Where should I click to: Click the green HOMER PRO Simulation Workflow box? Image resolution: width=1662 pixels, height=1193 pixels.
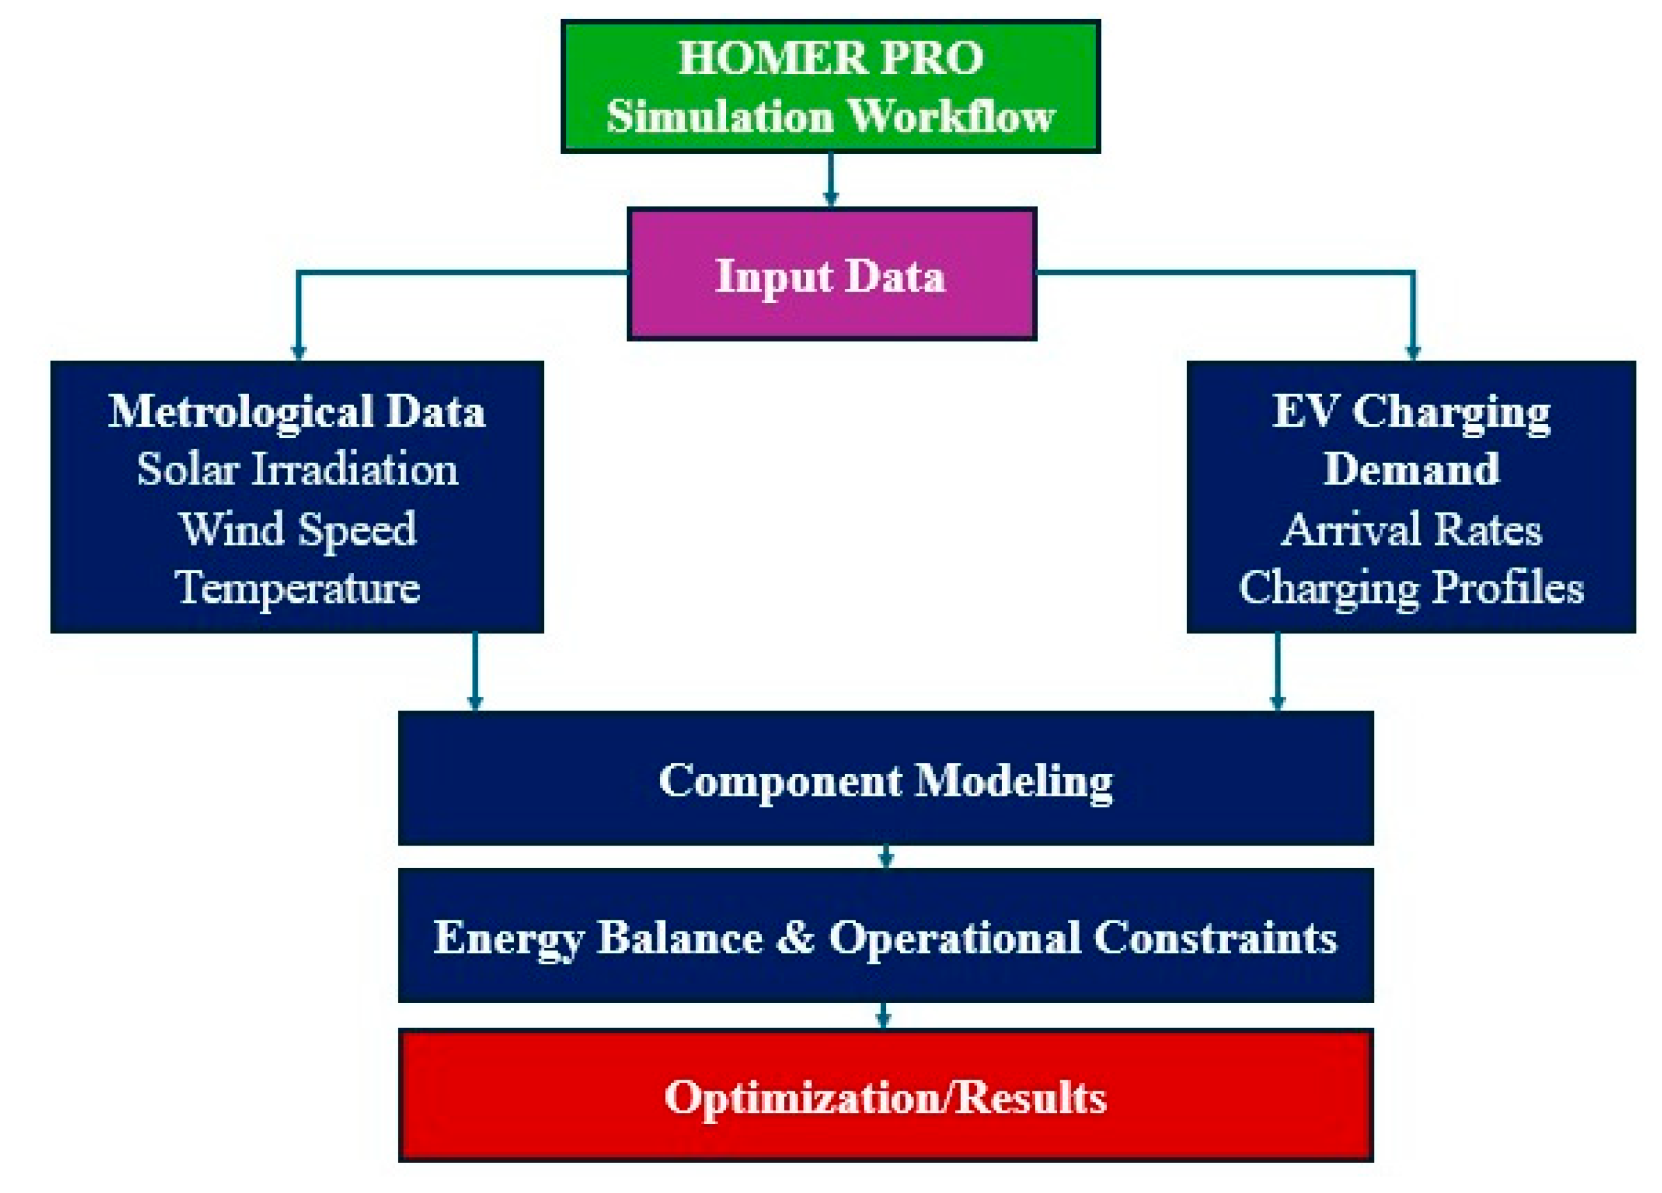coord(830,87)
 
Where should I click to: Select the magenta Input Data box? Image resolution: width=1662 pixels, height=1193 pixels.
coord(832,274)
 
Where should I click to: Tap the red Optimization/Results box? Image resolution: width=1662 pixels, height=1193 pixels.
coord(885,1095)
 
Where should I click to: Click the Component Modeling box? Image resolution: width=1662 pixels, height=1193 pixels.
coord(885,778)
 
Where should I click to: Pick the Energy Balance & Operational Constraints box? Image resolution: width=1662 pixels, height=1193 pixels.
coord(885,936)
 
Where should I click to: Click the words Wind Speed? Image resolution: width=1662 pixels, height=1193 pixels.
coord(298,530)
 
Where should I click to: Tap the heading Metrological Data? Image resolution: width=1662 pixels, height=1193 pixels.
coord(297,412)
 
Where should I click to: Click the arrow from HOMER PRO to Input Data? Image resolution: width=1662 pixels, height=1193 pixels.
coord(830,180)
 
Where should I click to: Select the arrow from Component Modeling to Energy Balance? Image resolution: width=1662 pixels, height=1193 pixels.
coord(886,857)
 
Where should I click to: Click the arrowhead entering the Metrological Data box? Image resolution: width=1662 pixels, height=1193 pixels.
coord(298,352)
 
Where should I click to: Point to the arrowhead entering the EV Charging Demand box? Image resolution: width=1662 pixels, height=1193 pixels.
coord(1413,352)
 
